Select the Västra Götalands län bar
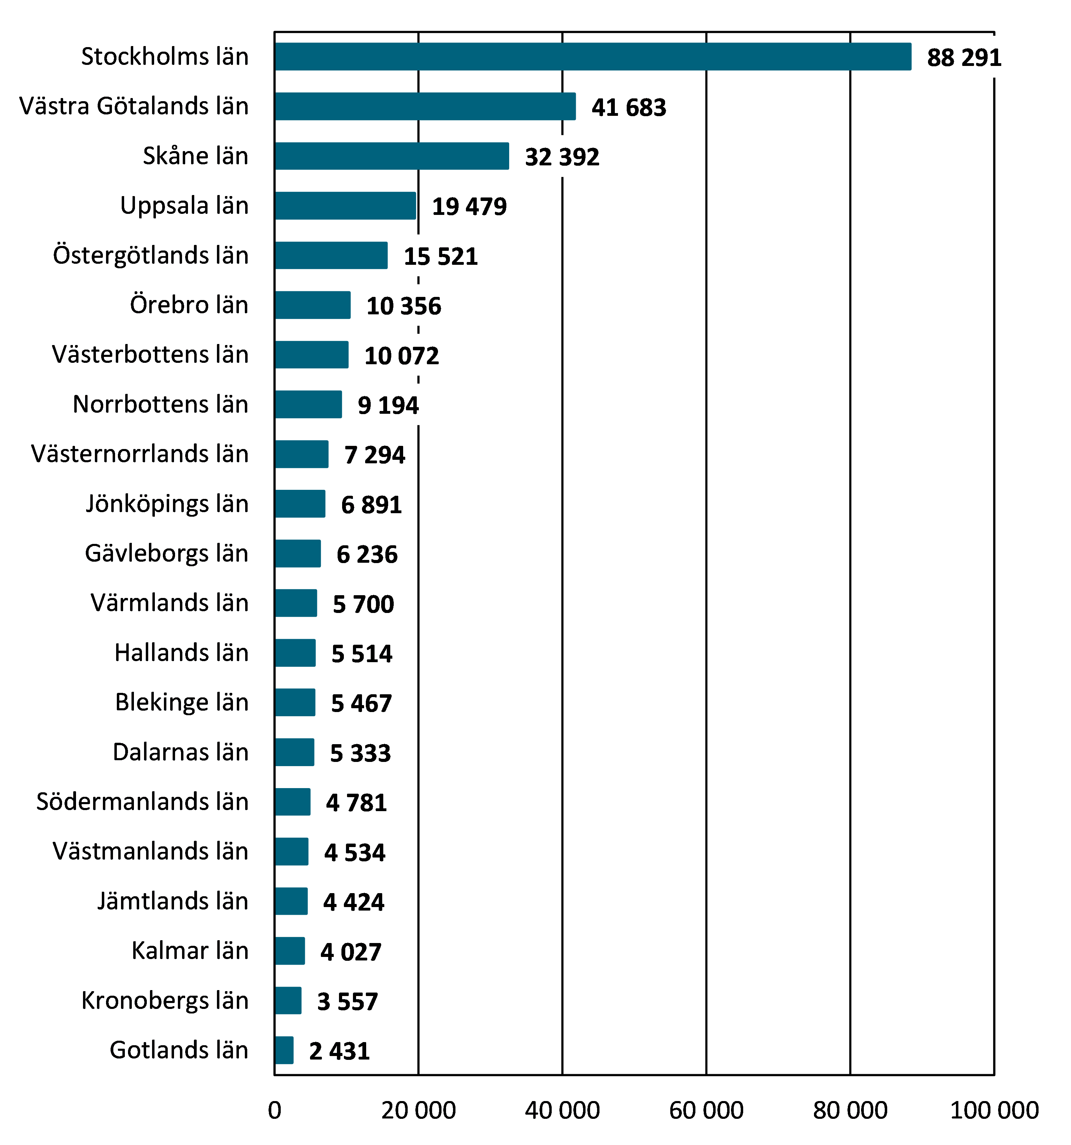[425, 106]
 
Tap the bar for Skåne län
[392, 156]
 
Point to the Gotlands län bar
[284, 1050]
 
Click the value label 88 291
[964, 58]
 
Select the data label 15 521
[440, 256]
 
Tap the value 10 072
[401, 356]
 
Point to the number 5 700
[363, 604]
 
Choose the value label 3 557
[347, 1002]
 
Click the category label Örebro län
[189, 305]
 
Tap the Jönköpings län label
[167, 504]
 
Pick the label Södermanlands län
[142, 802]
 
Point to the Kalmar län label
[190, 951]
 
